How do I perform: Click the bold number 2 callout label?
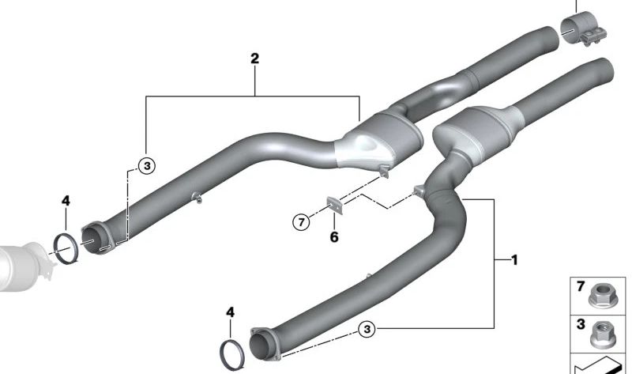[x=254, y=59]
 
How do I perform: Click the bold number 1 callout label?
[x=514, y=260]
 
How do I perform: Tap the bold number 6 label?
[x=334, y=237]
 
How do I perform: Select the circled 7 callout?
[x=301, y=221]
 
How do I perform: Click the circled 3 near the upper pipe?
[x=147, y=165]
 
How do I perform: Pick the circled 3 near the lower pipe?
[x=367, y=329]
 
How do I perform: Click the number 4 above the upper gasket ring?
[x=66, y=201]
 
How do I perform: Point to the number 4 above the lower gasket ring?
[x=230, y=312]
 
